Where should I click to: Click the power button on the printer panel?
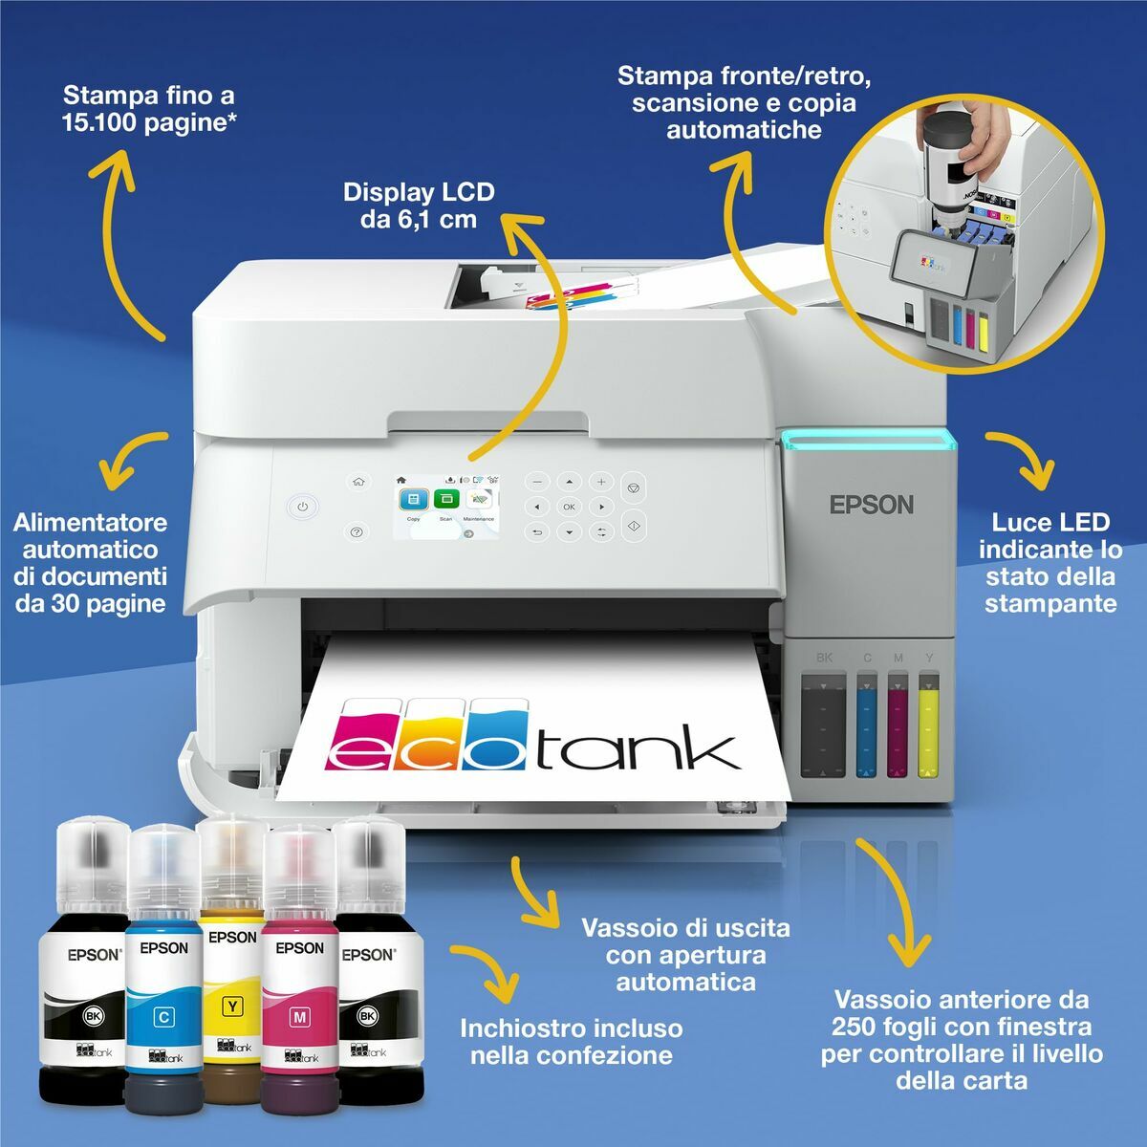302,507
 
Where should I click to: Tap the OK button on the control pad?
569,507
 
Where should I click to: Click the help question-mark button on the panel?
357,532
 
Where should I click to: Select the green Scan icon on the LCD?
445,499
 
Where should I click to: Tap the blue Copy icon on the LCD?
414,499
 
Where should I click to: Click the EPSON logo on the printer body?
871,505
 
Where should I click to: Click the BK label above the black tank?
825,658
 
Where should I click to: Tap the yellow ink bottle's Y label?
231,1006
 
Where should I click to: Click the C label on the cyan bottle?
163,1017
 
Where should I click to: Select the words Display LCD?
419,192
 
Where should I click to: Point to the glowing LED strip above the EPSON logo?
868,440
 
